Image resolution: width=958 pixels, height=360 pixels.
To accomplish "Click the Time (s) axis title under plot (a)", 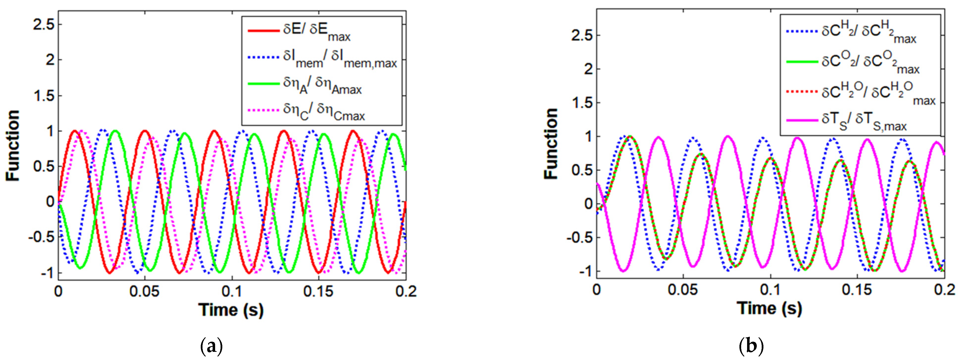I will click(231, 309).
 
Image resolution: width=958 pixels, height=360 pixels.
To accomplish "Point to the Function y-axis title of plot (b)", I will click(551, 144).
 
